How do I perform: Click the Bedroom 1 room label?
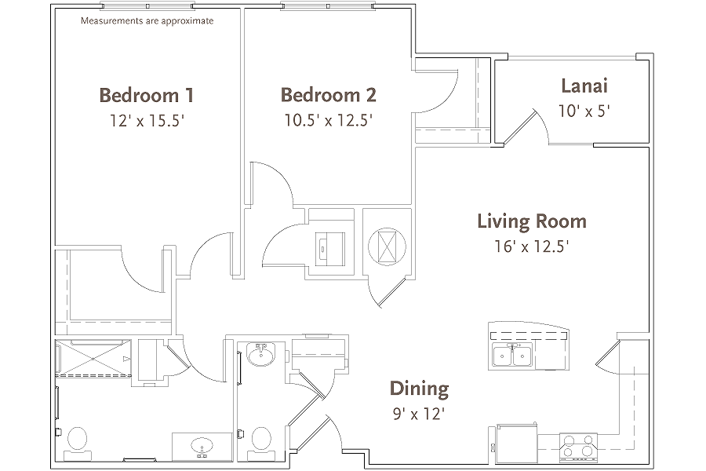(146, 96)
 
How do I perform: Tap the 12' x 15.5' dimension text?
(146, 121)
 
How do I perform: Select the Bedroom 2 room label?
(328, 95)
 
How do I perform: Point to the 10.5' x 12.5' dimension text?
(328, 121)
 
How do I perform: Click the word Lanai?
(585, 86)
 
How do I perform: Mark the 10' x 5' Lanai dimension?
(584, 111)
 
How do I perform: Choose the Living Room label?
(531, 221)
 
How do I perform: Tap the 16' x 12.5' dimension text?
(531, 246)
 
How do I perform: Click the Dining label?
(419, 388)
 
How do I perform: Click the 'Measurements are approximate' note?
(147, 21)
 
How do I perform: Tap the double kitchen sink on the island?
(513, 356)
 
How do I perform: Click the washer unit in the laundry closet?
(329, 245)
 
